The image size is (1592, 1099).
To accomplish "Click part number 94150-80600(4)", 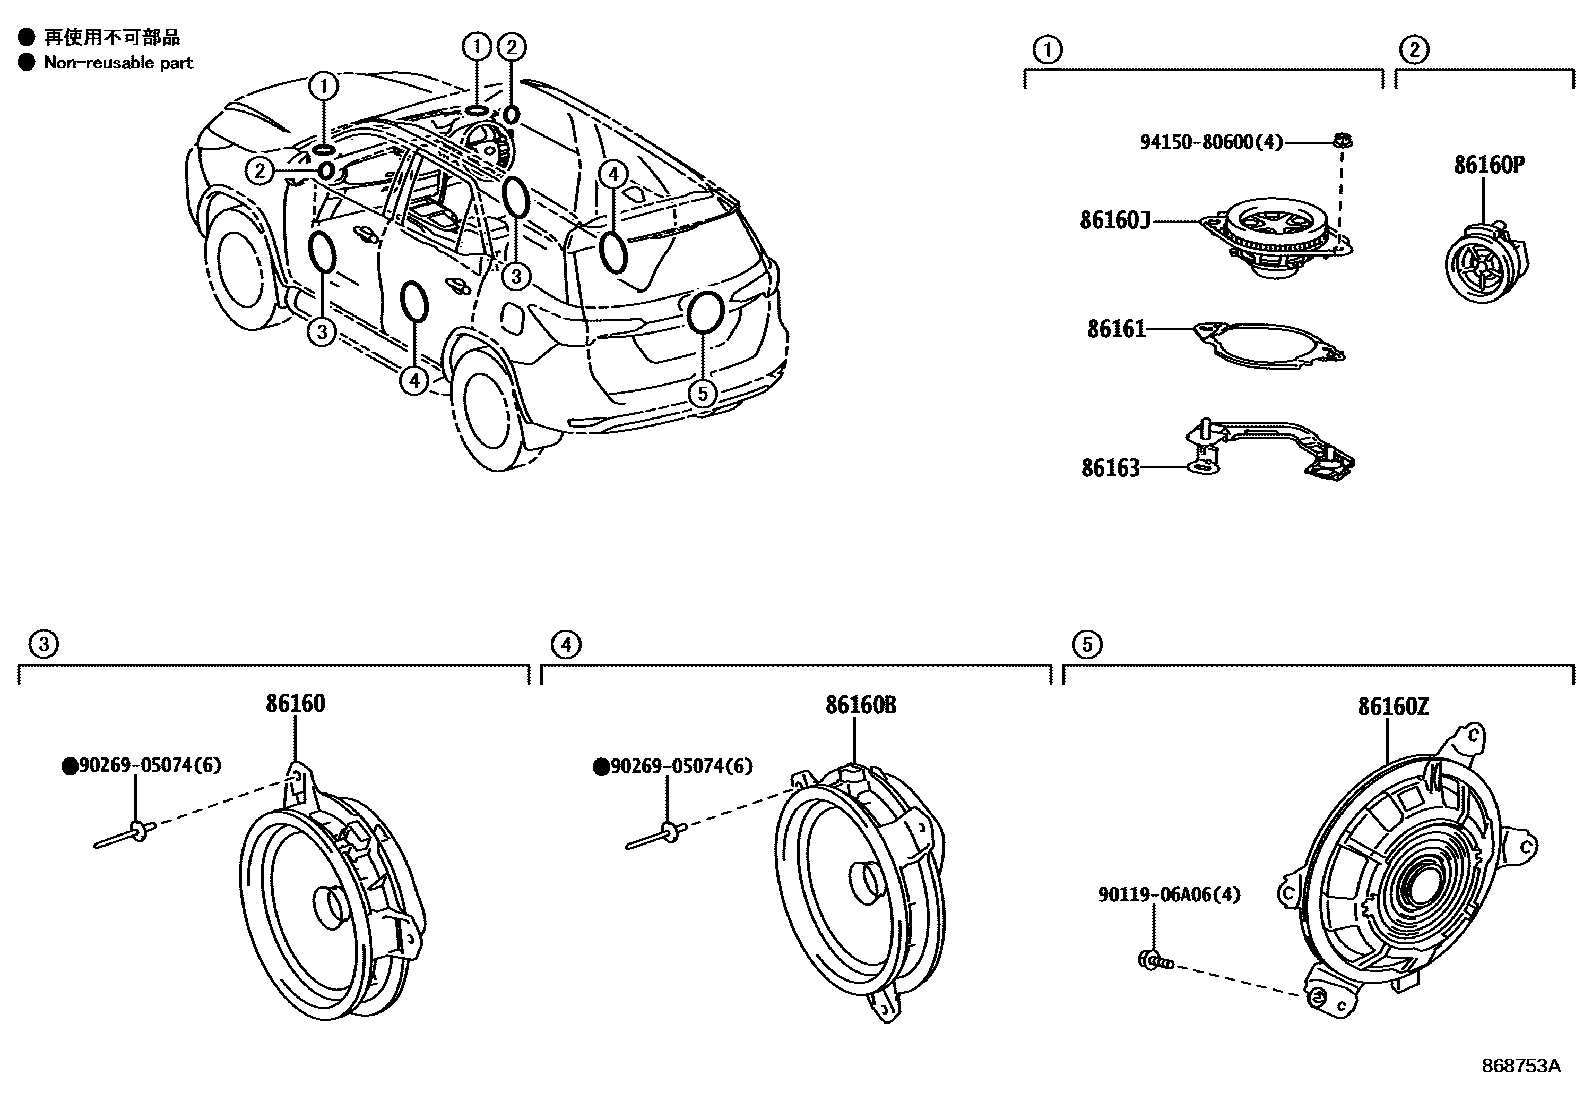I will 1211,142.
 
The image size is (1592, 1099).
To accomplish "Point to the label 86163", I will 1110,468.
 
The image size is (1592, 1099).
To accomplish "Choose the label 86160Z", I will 1393,707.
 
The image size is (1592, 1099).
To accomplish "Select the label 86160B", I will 860,705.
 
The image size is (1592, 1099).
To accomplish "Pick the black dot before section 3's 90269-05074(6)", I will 69,766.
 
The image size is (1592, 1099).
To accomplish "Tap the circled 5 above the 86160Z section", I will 1087,645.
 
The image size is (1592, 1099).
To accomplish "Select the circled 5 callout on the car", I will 703,393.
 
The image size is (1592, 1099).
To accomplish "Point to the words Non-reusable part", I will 118,62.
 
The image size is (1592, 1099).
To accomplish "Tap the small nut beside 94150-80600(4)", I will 1344,141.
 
